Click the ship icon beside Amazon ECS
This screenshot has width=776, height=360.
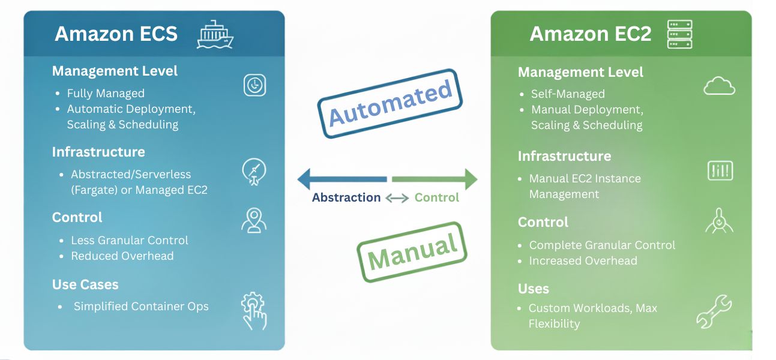[x=215, y=34]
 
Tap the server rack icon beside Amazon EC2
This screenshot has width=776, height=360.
[x=679, y=34]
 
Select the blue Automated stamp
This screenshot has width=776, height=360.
[x=390, y=103]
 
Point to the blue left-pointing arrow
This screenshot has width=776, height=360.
[x=341, y=179]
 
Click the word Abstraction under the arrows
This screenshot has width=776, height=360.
[x=346, y=197]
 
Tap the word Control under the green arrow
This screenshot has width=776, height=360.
[x=437, y=197]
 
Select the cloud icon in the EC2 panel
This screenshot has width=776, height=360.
[x=719, y=88]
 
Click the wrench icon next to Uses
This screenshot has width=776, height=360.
[x=714, y=311]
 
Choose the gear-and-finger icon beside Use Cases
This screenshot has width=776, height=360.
[x=254, y=310]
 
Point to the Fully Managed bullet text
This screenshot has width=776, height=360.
[x=106, y=94]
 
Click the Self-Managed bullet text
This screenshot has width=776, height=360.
[x=568, y=94]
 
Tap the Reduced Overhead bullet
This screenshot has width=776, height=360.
[x=122, y=256]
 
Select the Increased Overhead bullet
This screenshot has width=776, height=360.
[x=583, y=261]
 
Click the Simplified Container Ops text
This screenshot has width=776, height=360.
[x=141, y=306]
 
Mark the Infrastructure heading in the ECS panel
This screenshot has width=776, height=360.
[x=98, y=152]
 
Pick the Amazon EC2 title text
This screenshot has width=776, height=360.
[x=590, y=34]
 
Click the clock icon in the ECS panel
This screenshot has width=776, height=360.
[x=254, y=85]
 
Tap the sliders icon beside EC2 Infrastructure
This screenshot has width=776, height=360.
[x=720, y=170]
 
